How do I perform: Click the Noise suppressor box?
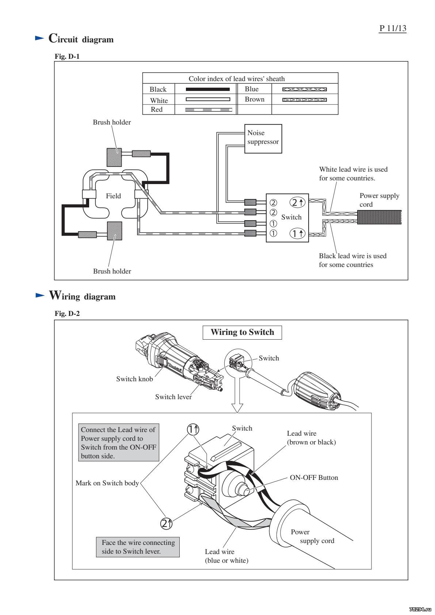[x=263, y=138]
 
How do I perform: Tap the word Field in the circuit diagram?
[x=113, y=196]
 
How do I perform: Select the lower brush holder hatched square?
[x=114, y=230]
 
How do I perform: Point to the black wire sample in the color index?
[x=207, y=89]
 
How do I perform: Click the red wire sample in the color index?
[x=208, y=110]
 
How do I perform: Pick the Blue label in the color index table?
[x=252, y=89]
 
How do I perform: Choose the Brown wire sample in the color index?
[x=305, y=100]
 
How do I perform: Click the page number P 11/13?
[x=392, y=28]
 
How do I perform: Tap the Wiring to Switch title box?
[x=242, y=332]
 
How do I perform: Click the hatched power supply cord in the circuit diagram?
[x=379, y=217]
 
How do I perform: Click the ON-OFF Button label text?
[x=314, y=478]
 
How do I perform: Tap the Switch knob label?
[x=134, y=379]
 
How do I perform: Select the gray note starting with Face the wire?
[x=138, y=547]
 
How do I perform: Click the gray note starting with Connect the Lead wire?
[x=119, y=443]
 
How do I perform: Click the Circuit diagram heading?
[x=81, y=39]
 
